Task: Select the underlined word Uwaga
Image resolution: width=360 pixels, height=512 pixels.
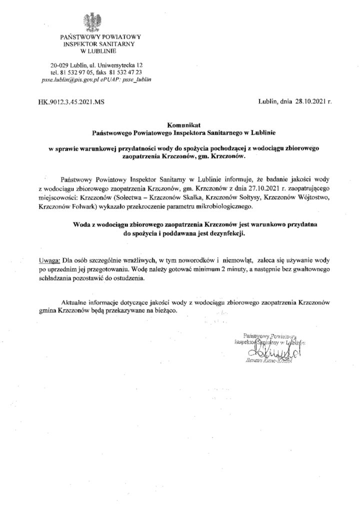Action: [x=48, y=260]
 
